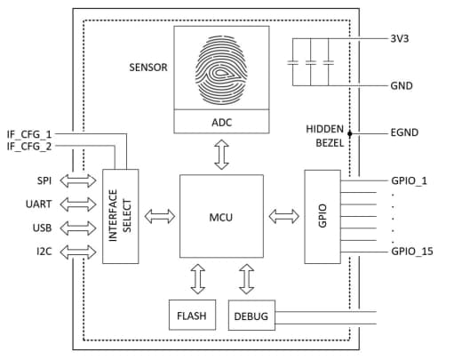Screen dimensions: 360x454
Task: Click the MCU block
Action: click(x=221, y=216)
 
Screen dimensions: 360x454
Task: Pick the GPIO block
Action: click(x=324, y=216)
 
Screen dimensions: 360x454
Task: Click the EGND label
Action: click(x=404, y=133)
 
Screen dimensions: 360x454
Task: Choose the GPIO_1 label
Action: click(x=409, y=180)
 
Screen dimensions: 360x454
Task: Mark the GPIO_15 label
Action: click(x=411, y=252)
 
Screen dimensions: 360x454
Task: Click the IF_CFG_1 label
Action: click(x=30, y=133)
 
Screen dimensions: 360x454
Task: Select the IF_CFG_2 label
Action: click(x=30, y=145)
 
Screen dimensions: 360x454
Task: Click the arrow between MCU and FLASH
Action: click(x=197, y=279)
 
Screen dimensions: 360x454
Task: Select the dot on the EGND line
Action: click(x=351, y=134)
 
